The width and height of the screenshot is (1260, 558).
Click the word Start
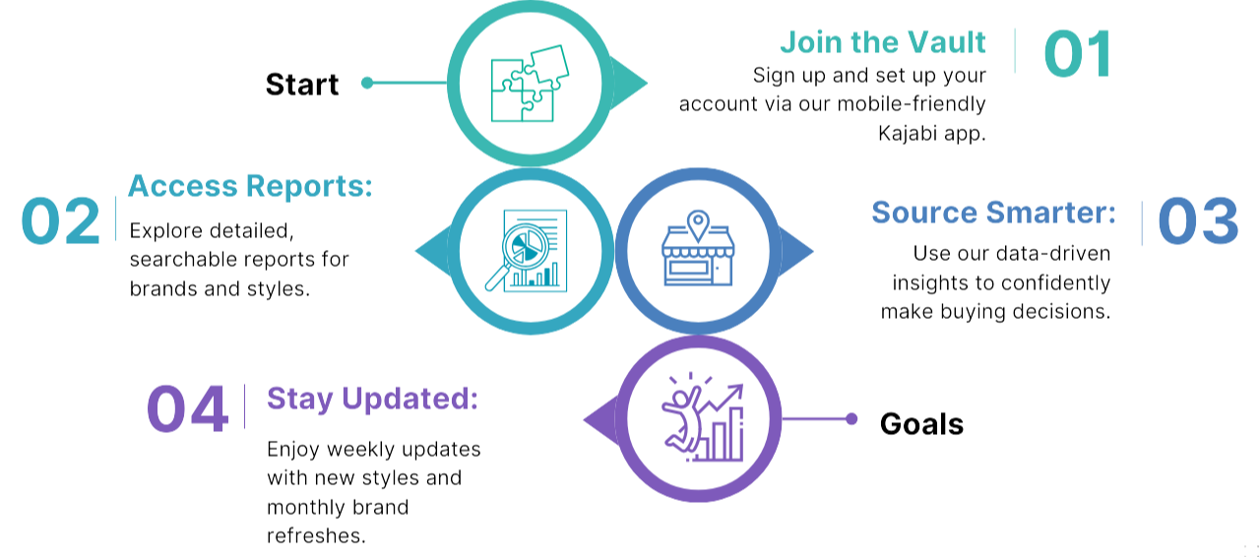(x=302, y=85)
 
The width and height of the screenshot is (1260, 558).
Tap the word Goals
(x=920, y=424)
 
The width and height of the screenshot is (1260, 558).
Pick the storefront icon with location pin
(x=698, y=250)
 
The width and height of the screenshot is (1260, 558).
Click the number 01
(x=1077, y=53)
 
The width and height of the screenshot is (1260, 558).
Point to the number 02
(x=61, y=221)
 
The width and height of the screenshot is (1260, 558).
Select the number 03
(x=1197, y=222)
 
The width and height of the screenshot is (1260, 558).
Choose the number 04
(x=187, y=408)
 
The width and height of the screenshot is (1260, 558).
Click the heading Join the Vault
(x=883, y=42)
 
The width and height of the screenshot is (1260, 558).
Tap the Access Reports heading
(x=250, y=185)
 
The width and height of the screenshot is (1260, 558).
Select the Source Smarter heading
(x=993, y=212)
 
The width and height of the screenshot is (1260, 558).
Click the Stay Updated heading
(x=372, y=399)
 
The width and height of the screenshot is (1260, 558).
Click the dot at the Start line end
(x=367, y=84)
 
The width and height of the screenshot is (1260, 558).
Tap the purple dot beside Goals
(x=851, y=419)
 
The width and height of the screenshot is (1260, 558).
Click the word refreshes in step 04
(x=316, y=536)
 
